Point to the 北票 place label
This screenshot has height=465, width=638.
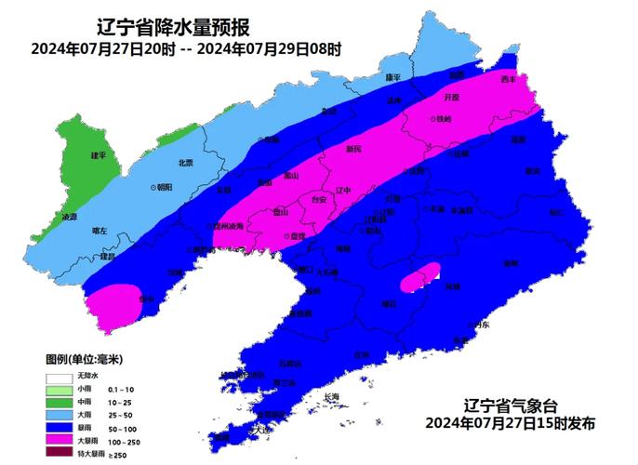[x=185, y=163]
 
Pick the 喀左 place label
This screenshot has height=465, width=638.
[x=100, y=230]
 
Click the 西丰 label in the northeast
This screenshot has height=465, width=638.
[x=508, y=79]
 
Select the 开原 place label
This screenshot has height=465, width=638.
[x=452, y=96]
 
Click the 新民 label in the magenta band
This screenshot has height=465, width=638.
[x=353, y=149]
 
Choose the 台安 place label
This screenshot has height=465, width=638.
[x=318, y=198]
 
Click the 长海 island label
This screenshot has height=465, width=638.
[x=332, y=397]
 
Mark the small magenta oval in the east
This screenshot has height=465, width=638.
[x=419, y=275]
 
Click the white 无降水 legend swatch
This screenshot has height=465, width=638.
[x=58, y=375]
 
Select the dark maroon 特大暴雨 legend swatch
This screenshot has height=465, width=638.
[x=58, y=454]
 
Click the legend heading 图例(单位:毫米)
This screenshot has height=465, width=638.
[x=85, y=358]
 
